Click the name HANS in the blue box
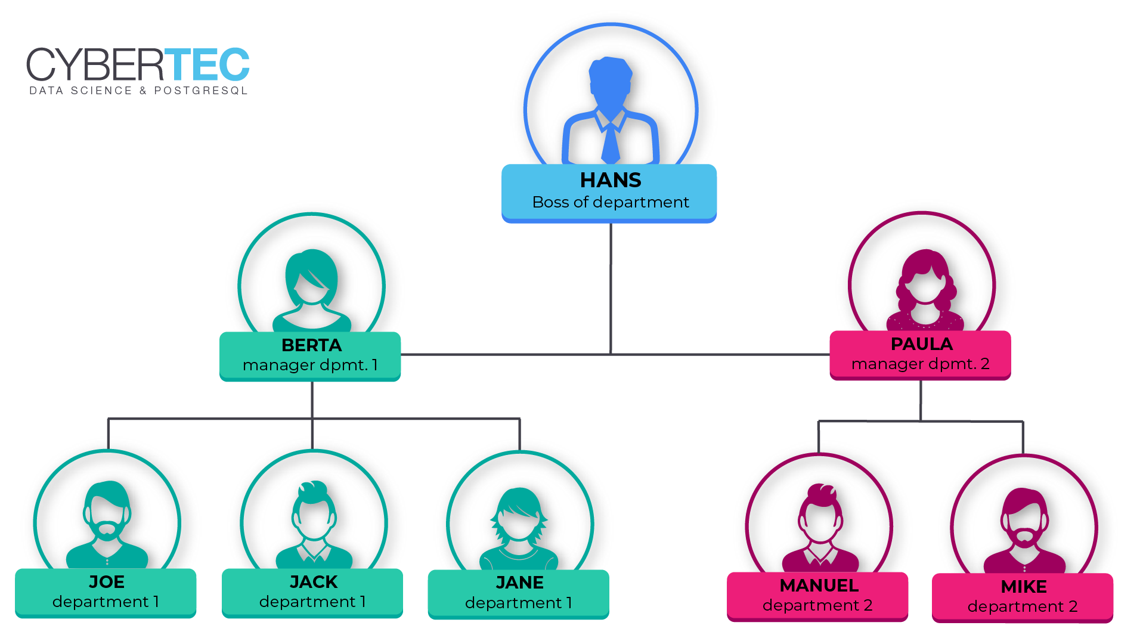[611, 180]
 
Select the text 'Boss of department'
[611, 202]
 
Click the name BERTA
[311, 345]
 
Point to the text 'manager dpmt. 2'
[920, 364]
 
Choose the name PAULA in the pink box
[921, 344]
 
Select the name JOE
[107, 582]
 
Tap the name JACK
[314, 582]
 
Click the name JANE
[519, 583]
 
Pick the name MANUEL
[819, 586]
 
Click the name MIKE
[1024, 587]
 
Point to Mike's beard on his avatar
[1024, 537]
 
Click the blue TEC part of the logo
[207, 64]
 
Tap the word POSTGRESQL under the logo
[201, 91]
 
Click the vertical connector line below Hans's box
[611, 286]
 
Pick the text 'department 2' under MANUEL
[817, 605]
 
